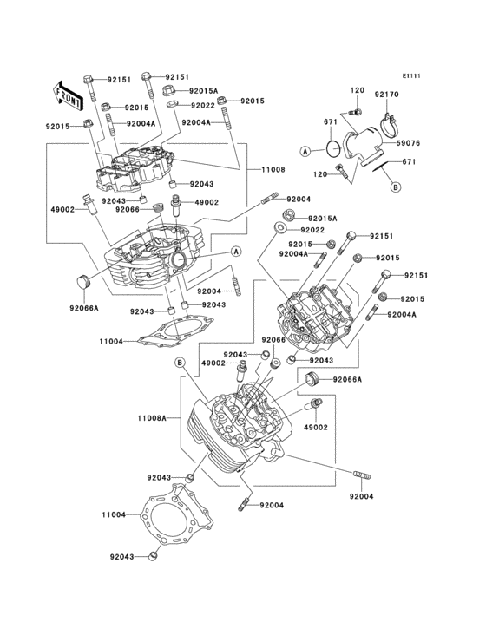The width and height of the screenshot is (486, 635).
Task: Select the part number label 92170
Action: point(386,94)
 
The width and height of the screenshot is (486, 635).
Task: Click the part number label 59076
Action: point(410,144)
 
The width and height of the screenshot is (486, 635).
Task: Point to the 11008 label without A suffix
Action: point(261,170)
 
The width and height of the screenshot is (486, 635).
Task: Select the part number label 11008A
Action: point(151,418)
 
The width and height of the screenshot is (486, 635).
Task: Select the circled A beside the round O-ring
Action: point(305,151)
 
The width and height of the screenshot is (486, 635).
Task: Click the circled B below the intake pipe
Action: point(395,186)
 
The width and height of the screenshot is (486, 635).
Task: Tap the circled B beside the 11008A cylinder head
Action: point(179,362)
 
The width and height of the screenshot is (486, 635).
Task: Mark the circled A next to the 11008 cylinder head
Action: point(235,252)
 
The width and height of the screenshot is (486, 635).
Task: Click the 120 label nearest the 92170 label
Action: point(357,91)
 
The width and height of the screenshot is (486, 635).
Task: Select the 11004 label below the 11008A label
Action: point(114,514)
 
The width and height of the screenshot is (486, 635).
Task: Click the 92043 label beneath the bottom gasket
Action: point(124,557)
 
